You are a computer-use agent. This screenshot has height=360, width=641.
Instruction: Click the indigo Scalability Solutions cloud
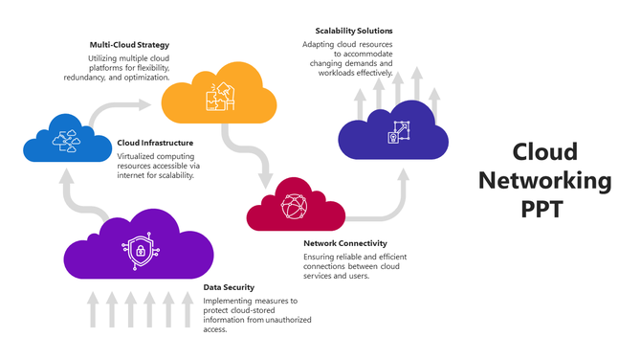pyautogui.click(x=394, y=133)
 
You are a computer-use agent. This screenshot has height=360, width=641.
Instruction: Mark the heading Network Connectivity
pyautogui.click(x=343, y=243)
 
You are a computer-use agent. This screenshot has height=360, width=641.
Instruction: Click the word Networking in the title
pyautogui.click(x=544, y=179)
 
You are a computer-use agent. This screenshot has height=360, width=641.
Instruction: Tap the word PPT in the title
pyautogui.click(x=544, y=208)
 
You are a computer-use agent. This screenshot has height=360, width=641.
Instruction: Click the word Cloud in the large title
pyautogui.click(x=544, y=151)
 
